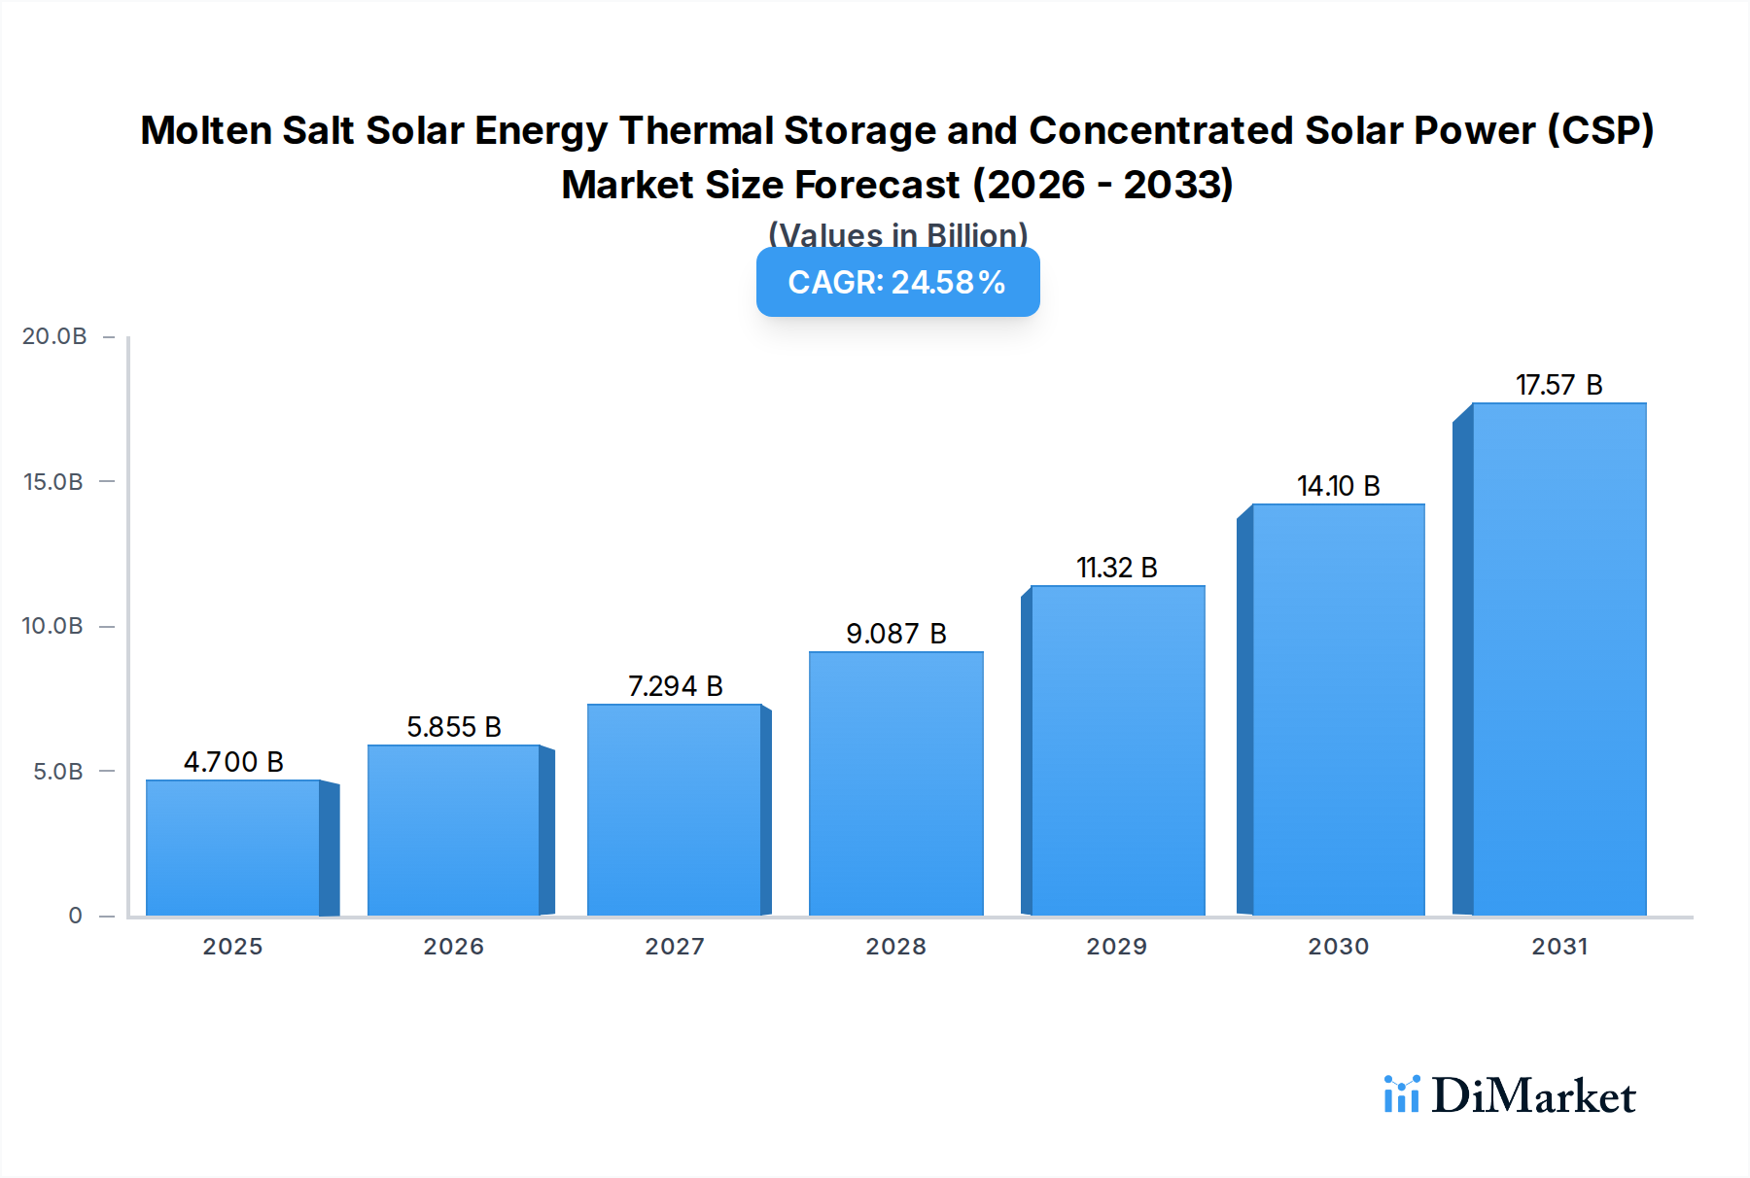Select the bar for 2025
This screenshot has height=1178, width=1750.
click(233, 848)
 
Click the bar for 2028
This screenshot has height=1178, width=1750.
click(895, 783)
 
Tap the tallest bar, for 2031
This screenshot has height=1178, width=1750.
click(1558, 659)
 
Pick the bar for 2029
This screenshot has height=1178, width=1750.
click(1117, 750)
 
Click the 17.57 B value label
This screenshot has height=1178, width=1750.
click(1558, 385)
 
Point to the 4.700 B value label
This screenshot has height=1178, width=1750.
click(233, 762)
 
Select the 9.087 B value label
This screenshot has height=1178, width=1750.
click(895, 634)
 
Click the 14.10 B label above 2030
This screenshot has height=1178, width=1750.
click(1338, 486)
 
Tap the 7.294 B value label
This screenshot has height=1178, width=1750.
click(675, 686)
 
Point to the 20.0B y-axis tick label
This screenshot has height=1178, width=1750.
click(54, 336)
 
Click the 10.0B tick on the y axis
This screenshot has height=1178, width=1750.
click(52, 626)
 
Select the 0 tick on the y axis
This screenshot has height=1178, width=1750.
click(75, 916)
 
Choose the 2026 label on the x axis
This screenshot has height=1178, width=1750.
click(453, 947)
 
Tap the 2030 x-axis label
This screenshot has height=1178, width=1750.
click(1338, 947)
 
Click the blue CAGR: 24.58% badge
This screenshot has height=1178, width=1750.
click(897, 282)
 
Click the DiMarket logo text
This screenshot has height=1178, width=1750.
click(1533, 1096)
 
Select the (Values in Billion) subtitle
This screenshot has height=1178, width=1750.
click(897, 235)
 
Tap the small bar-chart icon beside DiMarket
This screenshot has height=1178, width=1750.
click(1401, 1094)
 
